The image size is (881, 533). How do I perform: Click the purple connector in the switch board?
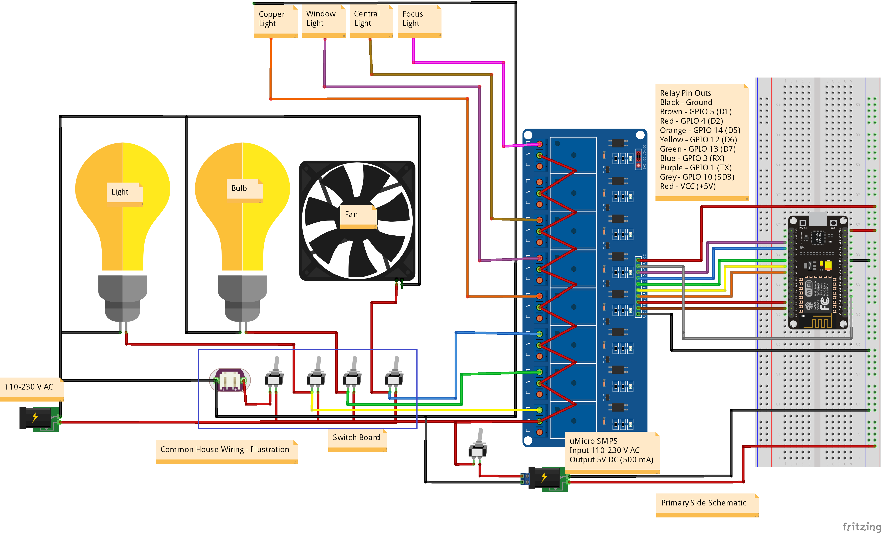click(230, 380)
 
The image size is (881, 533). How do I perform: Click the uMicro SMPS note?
click(611, 451)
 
